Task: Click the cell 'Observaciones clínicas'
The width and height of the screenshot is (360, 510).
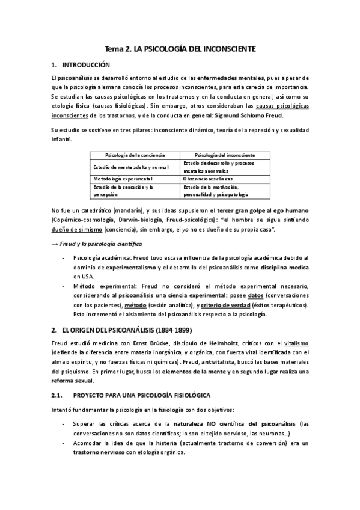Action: pos(208,179)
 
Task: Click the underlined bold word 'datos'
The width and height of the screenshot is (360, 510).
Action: pos(255,296)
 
